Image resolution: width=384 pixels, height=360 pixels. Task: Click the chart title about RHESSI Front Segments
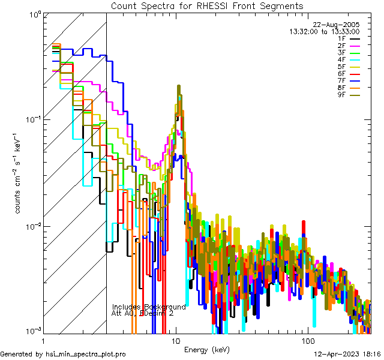(x=207, y=5)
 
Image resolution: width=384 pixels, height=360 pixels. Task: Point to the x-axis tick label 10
(x=175, y=340)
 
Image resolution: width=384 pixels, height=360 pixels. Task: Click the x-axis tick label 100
(x=307, y=340)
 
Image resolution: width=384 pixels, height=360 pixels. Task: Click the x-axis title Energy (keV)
(x=207, y=349)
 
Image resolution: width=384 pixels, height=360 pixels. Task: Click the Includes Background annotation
(x=149, y=307)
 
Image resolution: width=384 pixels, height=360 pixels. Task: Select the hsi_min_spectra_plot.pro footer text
(x=63, y=355)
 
